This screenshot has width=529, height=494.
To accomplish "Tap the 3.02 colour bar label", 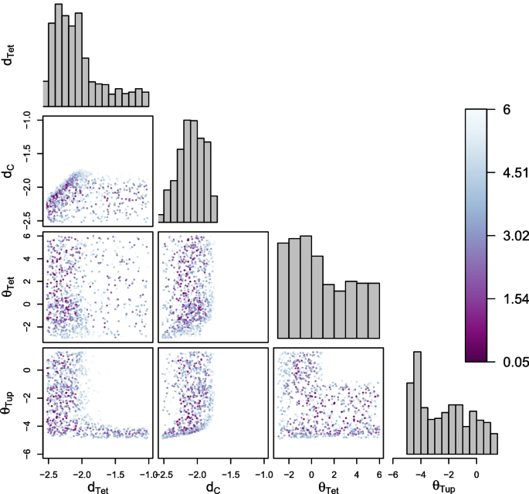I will [x=511, y=237].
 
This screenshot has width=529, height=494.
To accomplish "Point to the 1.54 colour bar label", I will [x=511, y=299].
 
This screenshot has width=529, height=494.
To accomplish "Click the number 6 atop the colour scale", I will [x=506, y=111].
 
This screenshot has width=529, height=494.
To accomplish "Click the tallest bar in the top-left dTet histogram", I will [x=58, y=54].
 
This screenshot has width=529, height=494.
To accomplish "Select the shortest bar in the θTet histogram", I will [x=339, y=314].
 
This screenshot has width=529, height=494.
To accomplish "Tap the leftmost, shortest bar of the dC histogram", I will [x=161, y=218].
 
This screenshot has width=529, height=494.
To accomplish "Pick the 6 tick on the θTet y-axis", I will [x=26, y=236].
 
